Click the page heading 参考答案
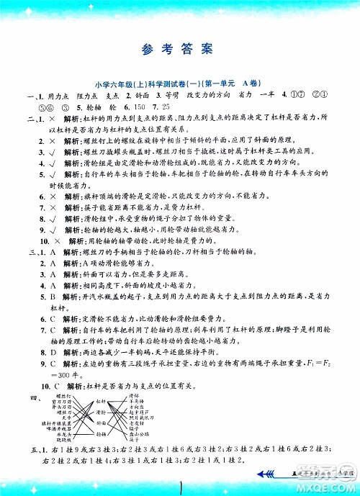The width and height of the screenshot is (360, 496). point(179,50)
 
